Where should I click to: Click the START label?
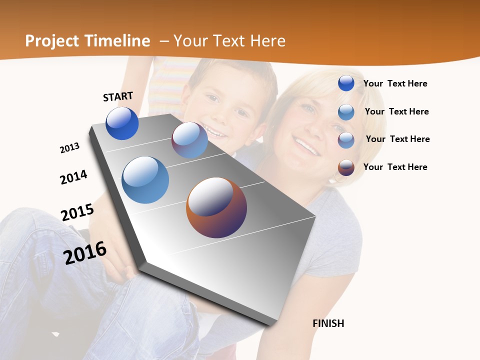point(118,96)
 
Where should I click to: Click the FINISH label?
point(328,323)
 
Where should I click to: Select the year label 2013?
point(69,148)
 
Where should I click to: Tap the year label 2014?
point(73,177)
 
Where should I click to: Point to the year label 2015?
point(77,212)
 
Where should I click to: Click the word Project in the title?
point(52,41)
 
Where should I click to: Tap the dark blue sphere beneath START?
point(122,123)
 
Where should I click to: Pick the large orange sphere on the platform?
point(216,207)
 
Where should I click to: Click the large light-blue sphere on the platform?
point(145,180)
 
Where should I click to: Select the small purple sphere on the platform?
point(189,140)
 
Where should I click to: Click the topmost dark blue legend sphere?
point(346,83)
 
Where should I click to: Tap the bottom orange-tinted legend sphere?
point(346,167)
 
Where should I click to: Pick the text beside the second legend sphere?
point(396,111)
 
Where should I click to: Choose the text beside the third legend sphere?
point(397,139)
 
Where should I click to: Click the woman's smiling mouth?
point(306,146)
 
